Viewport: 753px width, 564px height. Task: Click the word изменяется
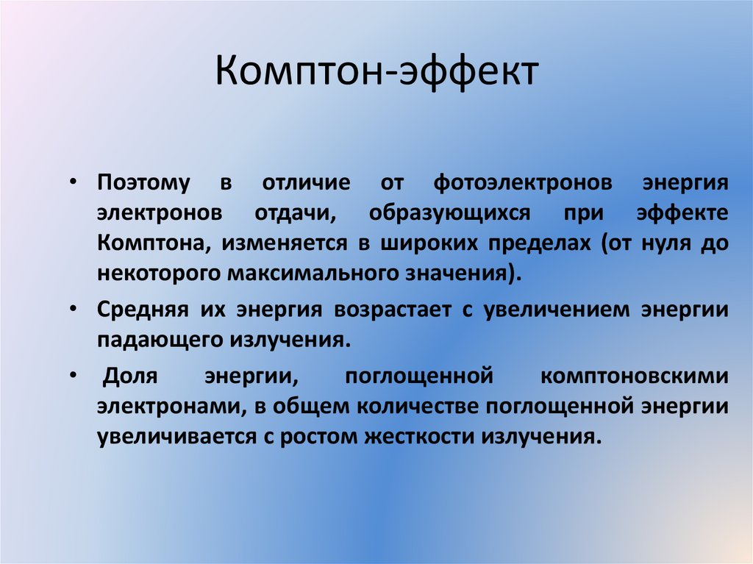click(280, 243)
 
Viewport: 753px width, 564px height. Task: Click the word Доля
click(130, 376)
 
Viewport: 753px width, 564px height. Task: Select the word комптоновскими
click(635, 376)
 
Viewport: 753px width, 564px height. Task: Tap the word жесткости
click(419, 436)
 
